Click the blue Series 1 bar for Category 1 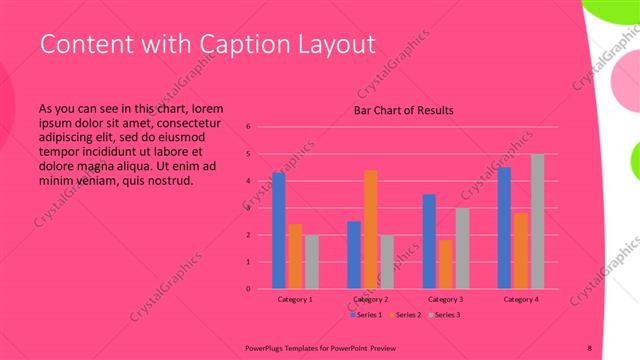pyautogui.click(x=278, y=230)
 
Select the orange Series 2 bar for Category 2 pyautogui.click(x=370, y=229)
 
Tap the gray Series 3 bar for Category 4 pyautogui.click(x=538, y=221)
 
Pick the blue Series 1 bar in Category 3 pyautogui.click(x=429, y=241)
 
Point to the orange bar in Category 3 pyautogui.click(x=445, y=264)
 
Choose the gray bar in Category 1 pyautogui.click(x=311, y=261)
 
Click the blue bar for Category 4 pyautogui.click(x=505, y=227)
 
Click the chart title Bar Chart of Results pyautogui.click(x=404, y=110)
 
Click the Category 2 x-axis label pyautogui.click(x=370, y=299)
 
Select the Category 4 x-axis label pyautogui.click(x=521, y=299)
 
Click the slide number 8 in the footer pyautogui.click(x=590, y=345)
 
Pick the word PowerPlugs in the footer pyautogui.click(x=267, y=345)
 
